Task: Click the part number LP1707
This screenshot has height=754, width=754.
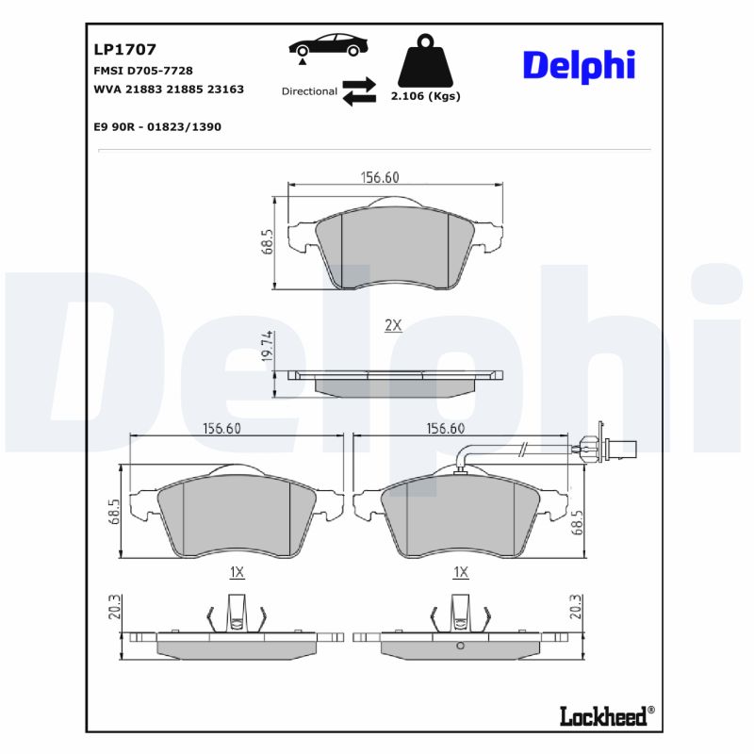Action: click(124, 49)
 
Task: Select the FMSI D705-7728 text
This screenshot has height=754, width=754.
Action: click(142, 71)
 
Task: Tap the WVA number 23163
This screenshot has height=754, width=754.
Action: click(226, 90)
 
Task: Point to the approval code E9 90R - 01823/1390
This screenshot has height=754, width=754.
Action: click(157, 126)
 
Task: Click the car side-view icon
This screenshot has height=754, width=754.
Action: click(328, 45)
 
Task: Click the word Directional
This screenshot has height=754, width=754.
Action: click(309, 91)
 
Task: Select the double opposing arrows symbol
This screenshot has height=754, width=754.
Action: click(359, 91)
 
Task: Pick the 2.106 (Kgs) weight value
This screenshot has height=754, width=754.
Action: click(425, 96)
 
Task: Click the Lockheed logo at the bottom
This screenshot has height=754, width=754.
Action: click(603, 716)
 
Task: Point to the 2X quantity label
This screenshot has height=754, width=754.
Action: click(393, 325)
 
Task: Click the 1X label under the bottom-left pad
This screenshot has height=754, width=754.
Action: click(237, 572)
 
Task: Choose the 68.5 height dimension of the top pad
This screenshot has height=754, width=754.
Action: click(268, 241)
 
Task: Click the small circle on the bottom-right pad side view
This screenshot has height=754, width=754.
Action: click(460, 646)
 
